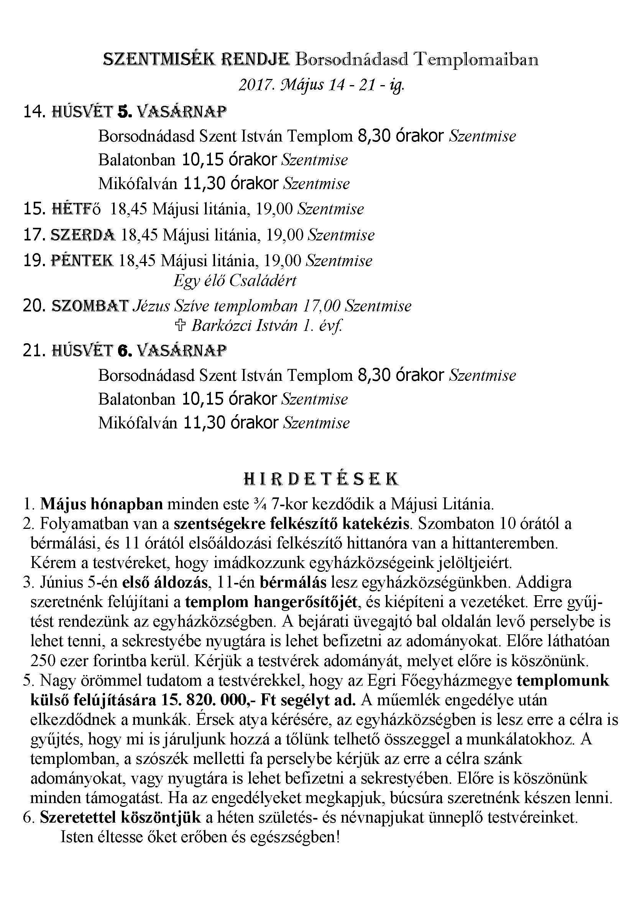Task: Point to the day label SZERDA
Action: tap(83, 235)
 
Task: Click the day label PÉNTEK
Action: tap(82, 260)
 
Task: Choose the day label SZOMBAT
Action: tap(90, 306)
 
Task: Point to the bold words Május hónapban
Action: tap(102, 504)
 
